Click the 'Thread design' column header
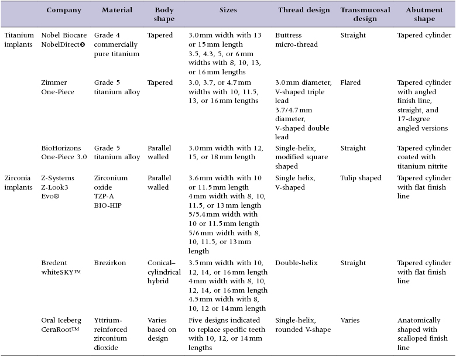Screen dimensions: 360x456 point(301,11)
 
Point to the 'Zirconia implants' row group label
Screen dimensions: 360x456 point(19,183)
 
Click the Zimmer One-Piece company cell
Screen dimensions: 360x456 point(58,87)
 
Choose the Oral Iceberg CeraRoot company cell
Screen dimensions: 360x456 point(61,325)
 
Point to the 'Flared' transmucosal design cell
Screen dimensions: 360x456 point(351,83)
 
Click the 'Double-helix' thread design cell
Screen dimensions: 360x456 point(296,263)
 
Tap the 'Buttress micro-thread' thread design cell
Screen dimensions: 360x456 point(297,40)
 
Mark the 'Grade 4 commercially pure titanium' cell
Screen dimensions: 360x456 point(116,44)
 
